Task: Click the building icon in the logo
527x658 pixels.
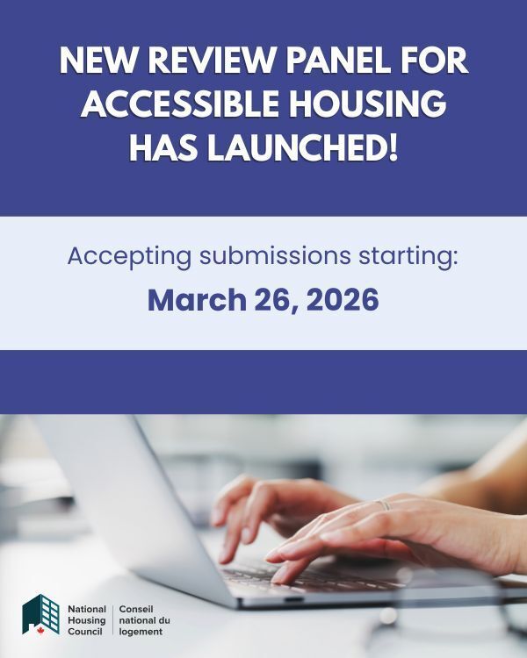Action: (41, 613)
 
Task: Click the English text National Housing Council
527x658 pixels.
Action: (87, 619)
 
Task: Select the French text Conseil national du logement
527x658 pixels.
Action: (144, 619)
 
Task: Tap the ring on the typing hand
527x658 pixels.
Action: (384, 505)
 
